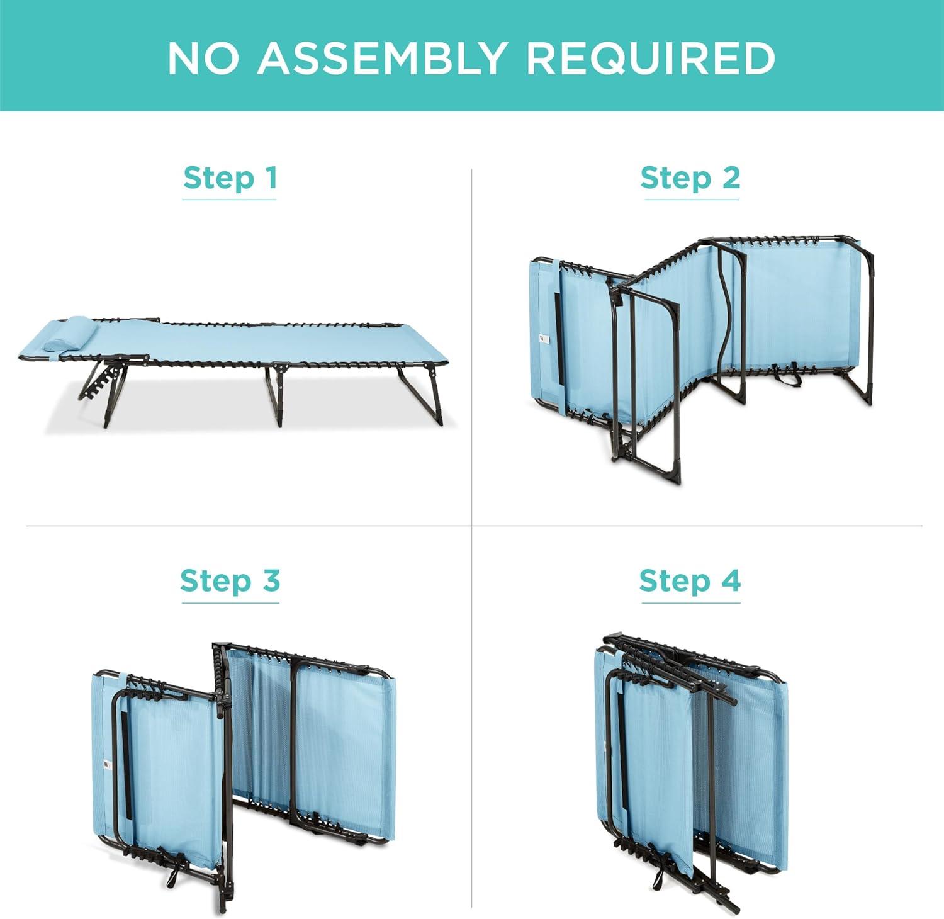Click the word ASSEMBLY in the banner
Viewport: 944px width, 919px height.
click(x=381, y=58)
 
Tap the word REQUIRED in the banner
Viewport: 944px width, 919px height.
click(x=650, y=58)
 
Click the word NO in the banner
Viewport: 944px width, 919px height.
click(x=203, y=58)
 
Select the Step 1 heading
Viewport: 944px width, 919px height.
click(x=230, y=178)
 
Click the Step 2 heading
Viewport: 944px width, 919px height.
click(x=690, y=178)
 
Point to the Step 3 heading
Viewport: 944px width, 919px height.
click(x=230, y=580)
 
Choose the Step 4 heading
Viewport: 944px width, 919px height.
click(x=690, y=580)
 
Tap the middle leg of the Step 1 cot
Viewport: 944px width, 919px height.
click(x=274, y=396)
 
